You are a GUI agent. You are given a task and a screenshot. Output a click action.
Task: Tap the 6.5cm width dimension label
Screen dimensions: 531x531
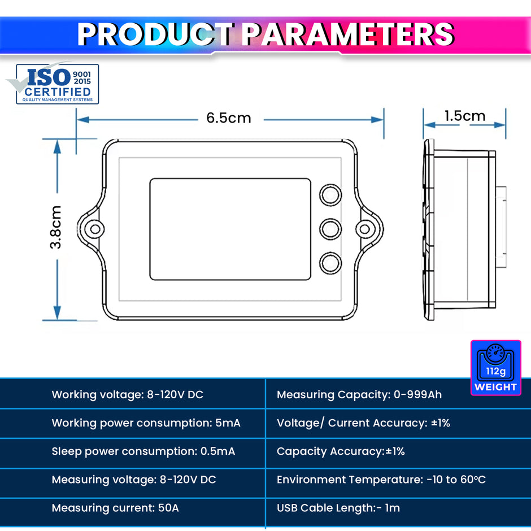229,118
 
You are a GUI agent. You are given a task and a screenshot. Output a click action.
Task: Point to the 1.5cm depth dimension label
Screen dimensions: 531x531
465,116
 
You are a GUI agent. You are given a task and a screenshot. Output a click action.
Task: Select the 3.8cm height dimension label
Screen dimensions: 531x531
55,227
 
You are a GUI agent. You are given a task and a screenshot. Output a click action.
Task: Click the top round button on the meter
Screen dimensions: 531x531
330,195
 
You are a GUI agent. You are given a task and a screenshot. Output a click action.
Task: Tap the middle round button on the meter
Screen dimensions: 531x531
330,229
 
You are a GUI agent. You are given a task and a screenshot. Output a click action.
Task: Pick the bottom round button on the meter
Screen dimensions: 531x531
330,263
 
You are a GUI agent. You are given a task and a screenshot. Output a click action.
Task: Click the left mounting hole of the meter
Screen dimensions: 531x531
95,229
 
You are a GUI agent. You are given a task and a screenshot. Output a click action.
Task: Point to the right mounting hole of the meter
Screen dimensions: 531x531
365,229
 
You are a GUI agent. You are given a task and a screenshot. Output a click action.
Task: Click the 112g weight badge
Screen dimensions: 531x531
496,368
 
